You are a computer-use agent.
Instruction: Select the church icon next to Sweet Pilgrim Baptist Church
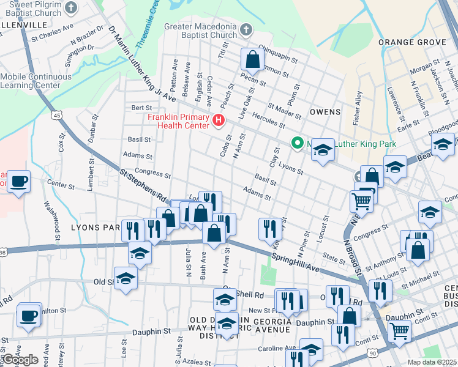click(x=72, y=8)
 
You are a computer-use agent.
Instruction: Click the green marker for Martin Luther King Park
click(x=298, y=144)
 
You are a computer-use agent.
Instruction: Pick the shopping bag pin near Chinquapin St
click(x=252, y=60)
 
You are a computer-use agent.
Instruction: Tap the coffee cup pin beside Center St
click(x=18, y=181)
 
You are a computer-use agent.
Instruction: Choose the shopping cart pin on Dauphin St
click(x=399, y=331)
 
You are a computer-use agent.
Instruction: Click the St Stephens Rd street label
click(x=143, y=187)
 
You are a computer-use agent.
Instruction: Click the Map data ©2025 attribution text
click(x=432, y=362)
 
